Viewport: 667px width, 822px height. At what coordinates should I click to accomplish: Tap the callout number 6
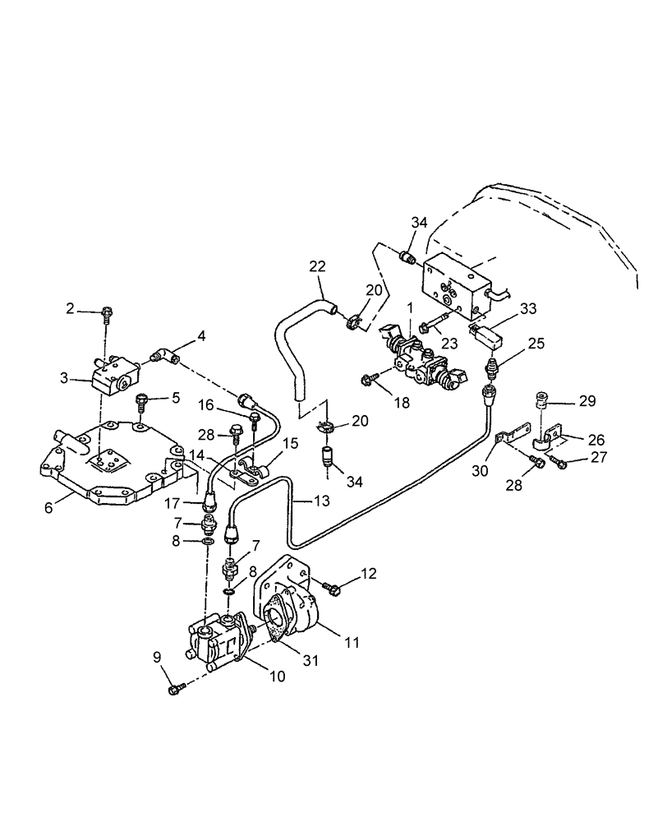tap(48, 508)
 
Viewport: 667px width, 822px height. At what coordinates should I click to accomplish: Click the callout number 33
tap(527, 308)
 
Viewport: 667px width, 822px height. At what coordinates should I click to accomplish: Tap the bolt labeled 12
tap(333, 588)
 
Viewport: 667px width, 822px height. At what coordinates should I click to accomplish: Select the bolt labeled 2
tap(107, 312)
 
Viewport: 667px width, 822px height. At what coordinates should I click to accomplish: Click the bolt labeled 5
tap(140, 404)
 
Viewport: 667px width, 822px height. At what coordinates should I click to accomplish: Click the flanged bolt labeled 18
tap(369, 380)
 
